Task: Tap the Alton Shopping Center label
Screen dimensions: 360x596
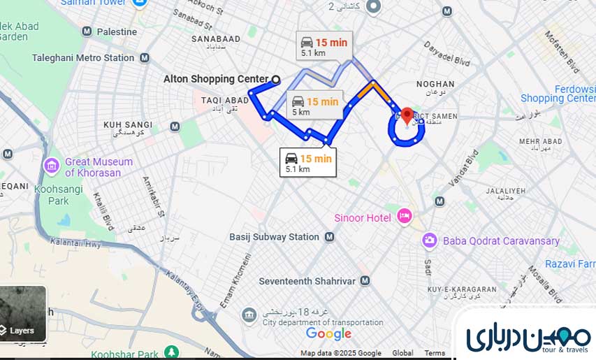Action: (x=216, y=79)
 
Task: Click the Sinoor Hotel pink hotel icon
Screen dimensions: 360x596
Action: (x=404, y=217)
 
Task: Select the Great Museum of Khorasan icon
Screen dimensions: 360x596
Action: (x=52, y=166)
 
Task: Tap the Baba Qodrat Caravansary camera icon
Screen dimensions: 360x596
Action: (x=430, y=240)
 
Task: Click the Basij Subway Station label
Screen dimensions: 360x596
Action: (x=274, y=237)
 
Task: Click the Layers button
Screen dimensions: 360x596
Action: (x=22, y=331)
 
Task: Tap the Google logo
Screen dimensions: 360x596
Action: (x=328, y=333)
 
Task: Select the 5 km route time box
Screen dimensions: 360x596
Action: (x=314, y=105)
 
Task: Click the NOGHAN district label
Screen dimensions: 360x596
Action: (x=435, y=84)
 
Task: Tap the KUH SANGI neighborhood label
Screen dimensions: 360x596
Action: (x=128, y=124)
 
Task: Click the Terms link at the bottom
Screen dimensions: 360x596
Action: (x=435, y=353)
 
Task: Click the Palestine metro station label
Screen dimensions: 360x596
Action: (x=117, y=31)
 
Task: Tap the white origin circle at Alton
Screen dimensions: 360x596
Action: (x=276, y=79)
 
